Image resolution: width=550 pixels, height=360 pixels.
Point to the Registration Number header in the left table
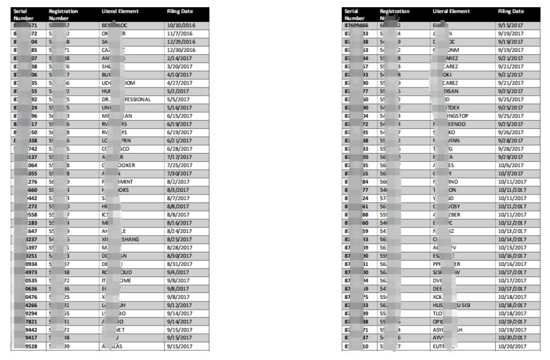(63, 14)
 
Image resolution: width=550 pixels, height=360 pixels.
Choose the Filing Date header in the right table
(511, 11)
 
